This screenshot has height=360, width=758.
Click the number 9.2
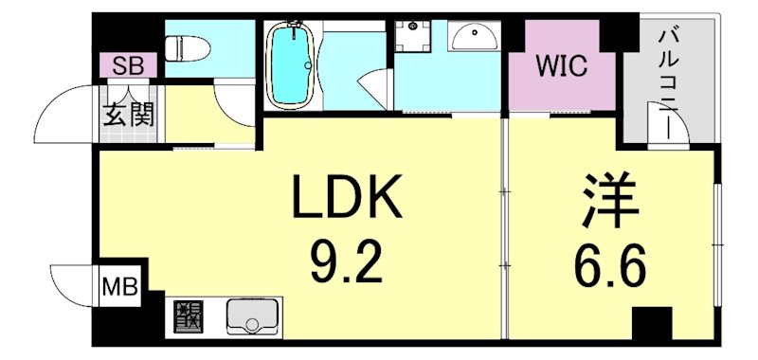[x=347, y=264]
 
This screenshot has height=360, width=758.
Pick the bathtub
[x=292, y=64]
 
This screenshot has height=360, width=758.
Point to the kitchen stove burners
[x=187, y=315]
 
